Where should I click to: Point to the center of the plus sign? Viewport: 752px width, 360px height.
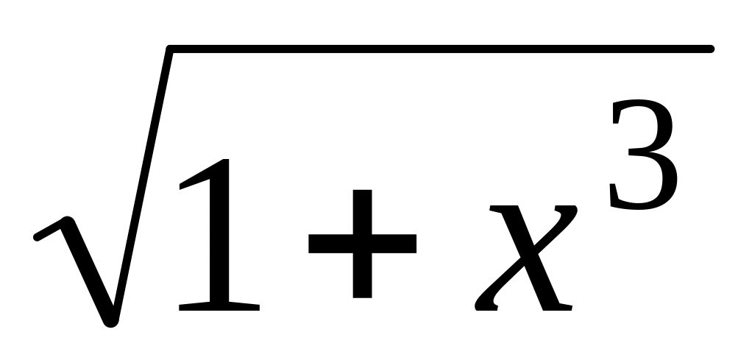pyautogui.click(x=363, y=244)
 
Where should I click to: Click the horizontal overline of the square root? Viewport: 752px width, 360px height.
pyautogui.click(x=441, y=49)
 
